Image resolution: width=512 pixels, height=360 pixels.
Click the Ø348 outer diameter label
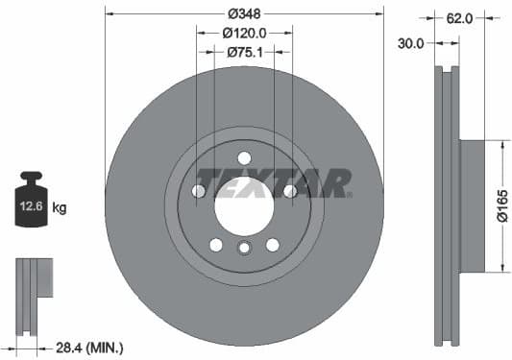click(244, 14)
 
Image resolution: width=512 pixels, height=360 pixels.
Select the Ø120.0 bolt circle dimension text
click(244, 33)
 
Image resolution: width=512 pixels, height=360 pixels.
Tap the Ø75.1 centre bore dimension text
click(244, 52)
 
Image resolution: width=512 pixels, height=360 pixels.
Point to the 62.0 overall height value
click(459, 17)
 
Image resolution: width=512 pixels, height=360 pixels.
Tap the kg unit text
click(60, 207)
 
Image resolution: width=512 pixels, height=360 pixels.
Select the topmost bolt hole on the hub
click(244, 157)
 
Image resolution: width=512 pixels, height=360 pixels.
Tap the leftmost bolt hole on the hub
click(199, 191)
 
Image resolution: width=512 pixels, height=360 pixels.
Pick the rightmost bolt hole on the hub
click(289, 191)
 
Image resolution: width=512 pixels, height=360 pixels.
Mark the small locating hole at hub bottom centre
click(244, 250)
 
